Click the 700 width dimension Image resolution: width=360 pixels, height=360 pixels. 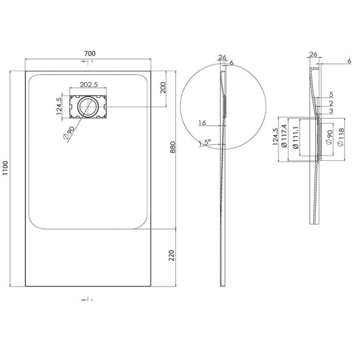pyautogui.click(x=90, y=54)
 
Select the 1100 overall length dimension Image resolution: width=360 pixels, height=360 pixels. pyautogui.click(x=5, y=168)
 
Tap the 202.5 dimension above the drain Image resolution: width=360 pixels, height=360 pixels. pyautogui.click(x=89, y=85)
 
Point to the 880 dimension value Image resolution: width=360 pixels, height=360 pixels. pyautogui.click(x=173, y=147)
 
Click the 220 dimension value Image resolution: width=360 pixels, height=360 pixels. pyautogui.click(x=172, y=255)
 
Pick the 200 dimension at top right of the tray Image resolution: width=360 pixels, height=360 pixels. pyautogui.click(x=163, y=88)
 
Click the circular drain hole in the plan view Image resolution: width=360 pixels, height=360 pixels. pyautogui.click(x=88, y=107)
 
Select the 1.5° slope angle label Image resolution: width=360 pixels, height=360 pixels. pyautogui.click(x=205, y=143)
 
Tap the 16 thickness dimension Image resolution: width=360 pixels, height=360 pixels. pyautogui.click(x=202, y=123)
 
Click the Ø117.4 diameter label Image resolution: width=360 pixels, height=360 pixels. pyautogui.click(x=284, y=136)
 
